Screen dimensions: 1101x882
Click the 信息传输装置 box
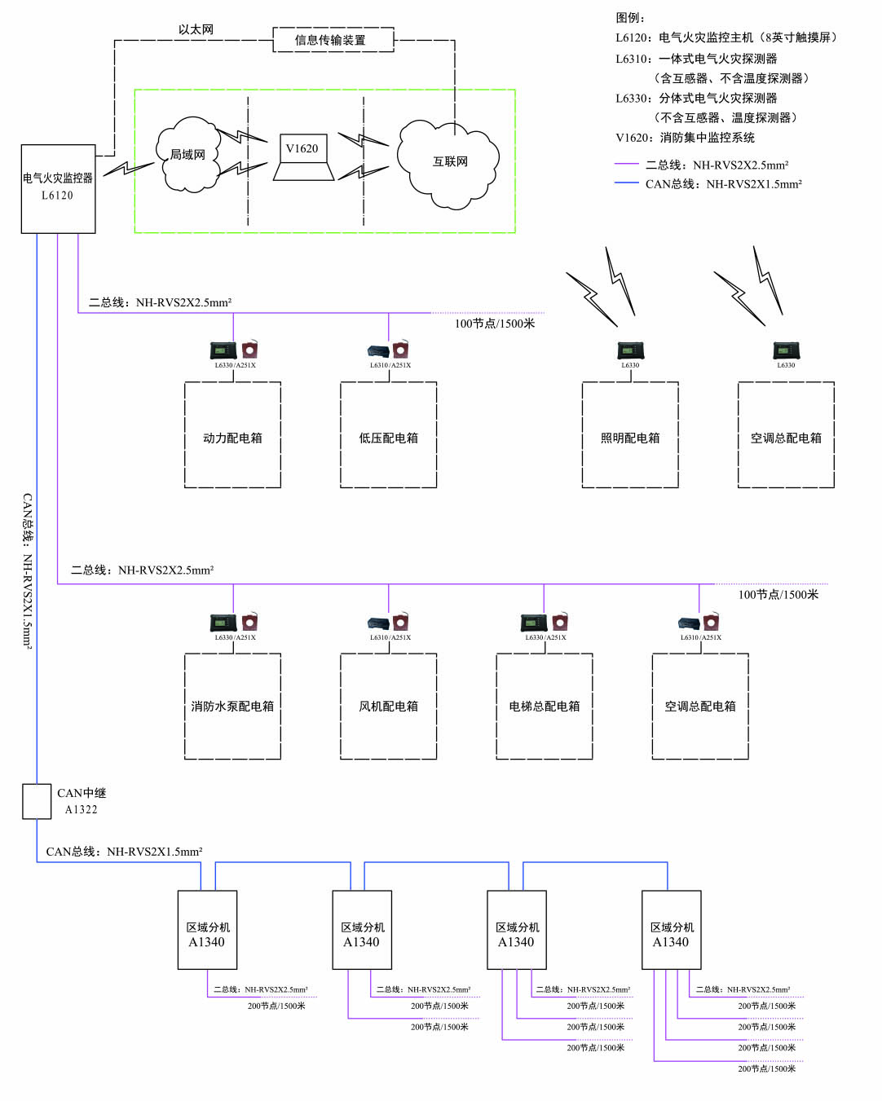333,40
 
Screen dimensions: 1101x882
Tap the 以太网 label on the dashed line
196,29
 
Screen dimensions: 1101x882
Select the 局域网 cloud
188,155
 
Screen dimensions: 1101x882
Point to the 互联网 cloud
449,162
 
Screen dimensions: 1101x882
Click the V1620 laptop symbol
303,157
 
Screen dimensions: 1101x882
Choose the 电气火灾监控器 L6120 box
58,188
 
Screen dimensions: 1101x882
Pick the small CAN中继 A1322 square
37,801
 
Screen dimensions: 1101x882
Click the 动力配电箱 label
232,438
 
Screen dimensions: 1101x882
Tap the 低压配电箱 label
388,438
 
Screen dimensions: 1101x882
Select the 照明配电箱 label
630,438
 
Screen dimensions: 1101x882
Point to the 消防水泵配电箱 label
232,707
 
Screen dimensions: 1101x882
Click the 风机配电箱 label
388,707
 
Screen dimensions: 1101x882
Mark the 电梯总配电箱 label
544,707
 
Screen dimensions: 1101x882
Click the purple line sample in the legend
626,165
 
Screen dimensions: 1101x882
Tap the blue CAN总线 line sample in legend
626,183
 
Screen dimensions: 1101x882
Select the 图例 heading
630,17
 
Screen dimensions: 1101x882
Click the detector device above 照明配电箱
630,351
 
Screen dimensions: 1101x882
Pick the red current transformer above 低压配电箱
400,350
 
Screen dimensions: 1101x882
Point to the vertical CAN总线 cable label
27,570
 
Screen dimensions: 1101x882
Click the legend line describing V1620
685,138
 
